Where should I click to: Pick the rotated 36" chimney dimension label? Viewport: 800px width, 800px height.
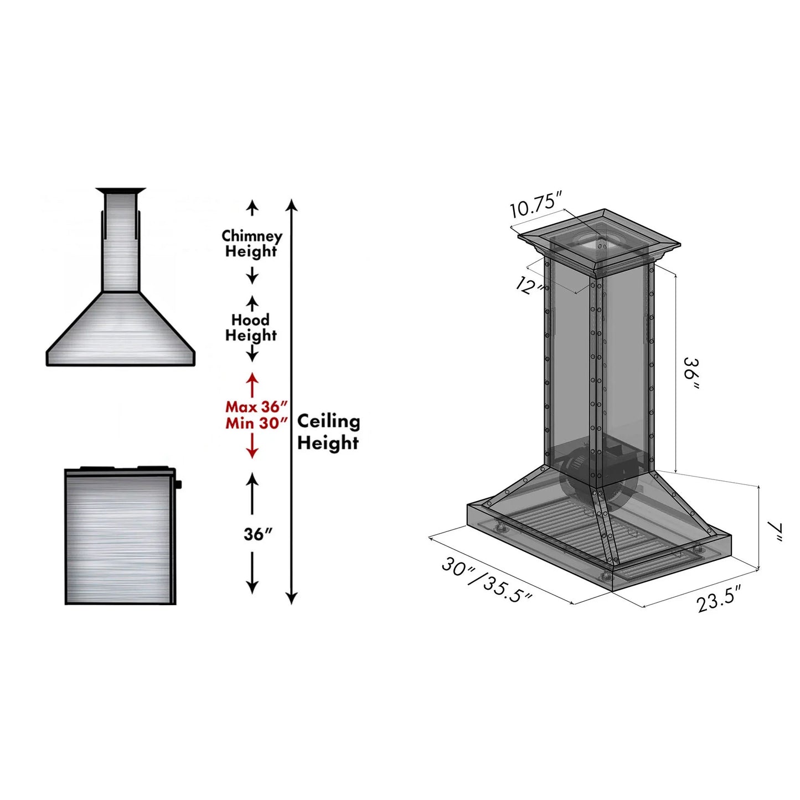pyautogui.click(x=692, y=374)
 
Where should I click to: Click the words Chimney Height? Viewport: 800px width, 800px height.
pyautogui.click(x=251, y=244)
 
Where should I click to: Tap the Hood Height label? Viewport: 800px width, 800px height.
pyautogui.click(x=251, y=328)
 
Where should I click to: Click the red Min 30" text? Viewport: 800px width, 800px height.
pyautogui.click(x=256, y=423)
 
